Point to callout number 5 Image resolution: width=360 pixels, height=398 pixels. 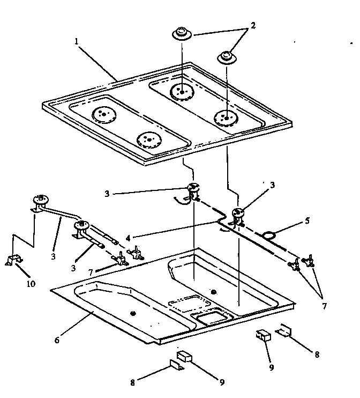tap(307, 219)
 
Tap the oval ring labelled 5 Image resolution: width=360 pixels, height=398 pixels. tap(270, 233)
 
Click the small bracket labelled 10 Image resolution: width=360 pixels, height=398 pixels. tap(13, 260)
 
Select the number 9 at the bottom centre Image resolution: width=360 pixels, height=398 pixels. tap(221, 382)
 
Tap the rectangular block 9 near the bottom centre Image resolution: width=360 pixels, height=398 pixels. tap(183, 357)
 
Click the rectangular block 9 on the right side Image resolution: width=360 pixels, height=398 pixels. tap(263, 335)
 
